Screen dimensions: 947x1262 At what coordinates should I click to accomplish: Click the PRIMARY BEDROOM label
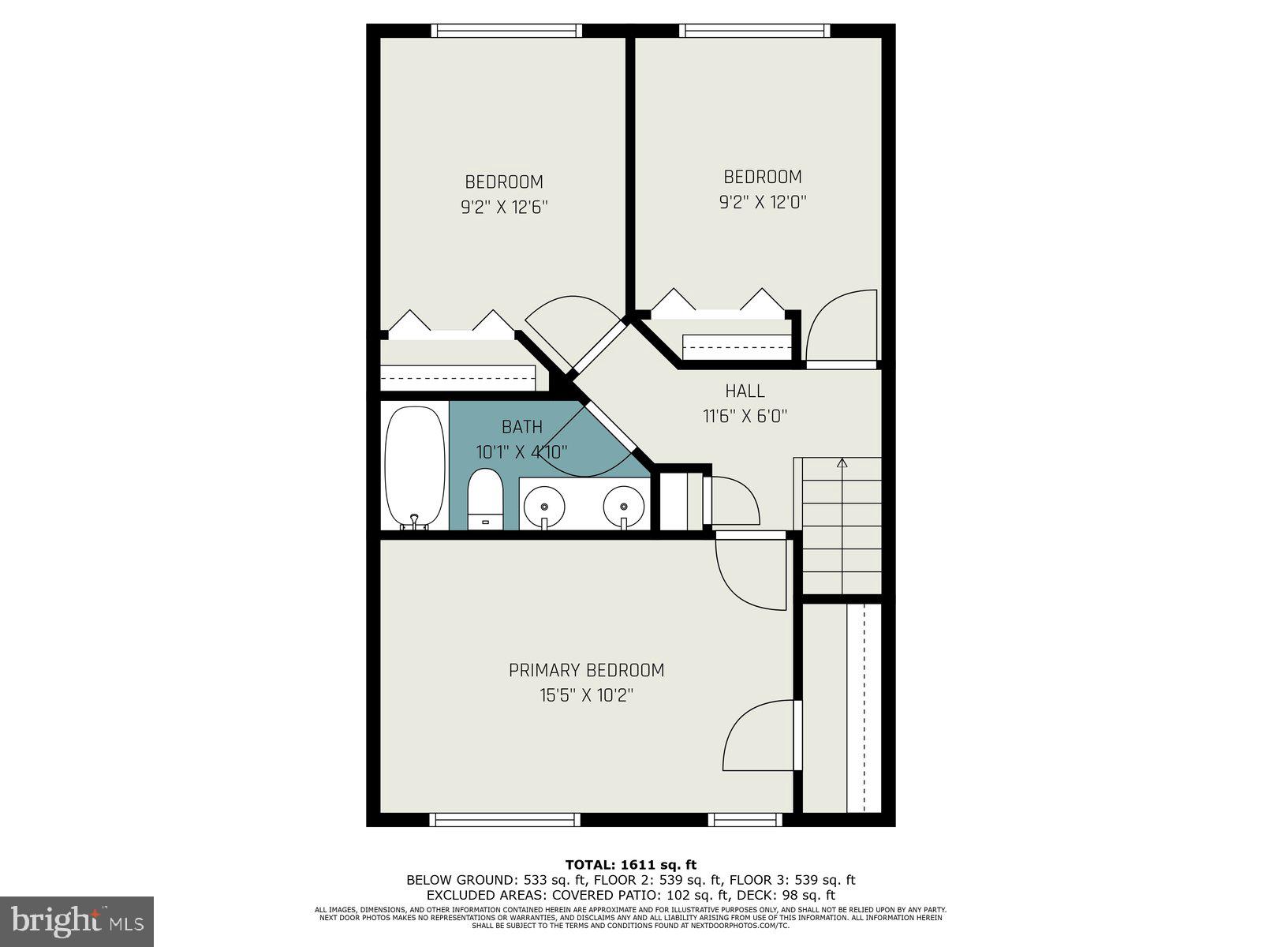coord(586,670)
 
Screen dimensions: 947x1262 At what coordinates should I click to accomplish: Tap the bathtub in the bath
coord(414,466)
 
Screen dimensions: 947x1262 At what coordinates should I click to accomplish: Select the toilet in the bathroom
coord(485,497)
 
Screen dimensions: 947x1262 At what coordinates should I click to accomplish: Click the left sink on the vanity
coord(544,503)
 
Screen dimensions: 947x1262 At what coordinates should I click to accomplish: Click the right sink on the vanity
coord(623,503)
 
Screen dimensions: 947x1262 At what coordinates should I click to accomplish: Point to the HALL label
coord(745,391)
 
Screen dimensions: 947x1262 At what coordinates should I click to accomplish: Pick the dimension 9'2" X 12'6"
coord(504,208)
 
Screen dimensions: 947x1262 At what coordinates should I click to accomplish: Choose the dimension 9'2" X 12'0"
coord(762,202)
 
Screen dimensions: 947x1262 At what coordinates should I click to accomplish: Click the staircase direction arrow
coord(842,464)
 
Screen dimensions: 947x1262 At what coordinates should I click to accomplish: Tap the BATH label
coord(521,427)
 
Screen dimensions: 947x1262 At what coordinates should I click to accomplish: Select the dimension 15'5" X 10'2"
coord(586,695)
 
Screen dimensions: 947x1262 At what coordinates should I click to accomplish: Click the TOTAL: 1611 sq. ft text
coord(630,865)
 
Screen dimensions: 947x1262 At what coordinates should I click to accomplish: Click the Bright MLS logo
coord(77,921)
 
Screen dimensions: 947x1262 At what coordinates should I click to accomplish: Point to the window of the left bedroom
coord(507,31)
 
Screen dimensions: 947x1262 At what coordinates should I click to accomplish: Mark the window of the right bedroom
coord(755,31)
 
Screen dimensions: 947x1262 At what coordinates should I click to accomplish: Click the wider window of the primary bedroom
coord(505,820)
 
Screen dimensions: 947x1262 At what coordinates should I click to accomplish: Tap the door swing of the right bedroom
coord(840,328)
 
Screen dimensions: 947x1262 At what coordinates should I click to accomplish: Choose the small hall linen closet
coord(675,501)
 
